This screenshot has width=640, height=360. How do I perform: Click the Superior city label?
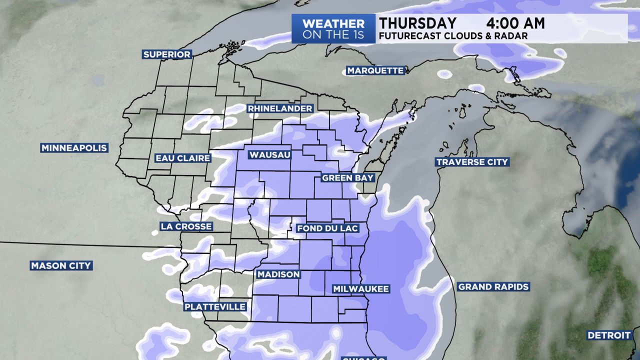pyautogui.click(x=167, y=54)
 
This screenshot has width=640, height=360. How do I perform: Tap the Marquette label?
pyautogui.click(x=375, y=70)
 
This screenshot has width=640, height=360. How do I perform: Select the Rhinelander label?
pyautogui.click(x=280, y=108)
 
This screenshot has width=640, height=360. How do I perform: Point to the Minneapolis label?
pyautogui.click(x=74, y=148)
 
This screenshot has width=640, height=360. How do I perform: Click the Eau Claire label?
pyautogui.click(x=182, y=158)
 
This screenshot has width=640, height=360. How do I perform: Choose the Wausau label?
pyautogui.click(x=270, y=155)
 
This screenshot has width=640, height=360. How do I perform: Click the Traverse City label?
pyautogui.click(x=472, y=162)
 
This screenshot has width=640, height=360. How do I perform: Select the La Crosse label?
pyautogui.click(x=186, y=226)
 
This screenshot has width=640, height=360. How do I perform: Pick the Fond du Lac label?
pyautogui.click(x=328, y=228)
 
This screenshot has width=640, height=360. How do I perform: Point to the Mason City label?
pyautogui.click(x=61, y=265)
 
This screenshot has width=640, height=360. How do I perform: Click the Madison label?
pyautogui.click(x=278, y=274)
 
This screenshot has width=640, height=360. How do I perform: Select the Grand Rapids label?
pyautogui.click(x=493, y=287)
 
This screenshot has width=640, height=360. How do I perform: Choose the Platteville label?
pyautogui.click(x=215, y=306)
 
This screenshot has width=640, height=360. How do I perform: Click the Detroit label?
pyautogui.click(x=609, y=335)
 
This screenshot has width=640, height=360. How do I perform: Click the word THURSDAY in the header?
pyautogui.click(x=417, y=23)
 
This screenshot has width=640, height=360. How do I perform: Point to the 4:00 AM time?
pyautogui.click(x=515, y=23)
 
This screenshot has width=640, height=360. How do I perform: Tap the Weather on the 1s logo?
pyautogui.click(x=333, y=29)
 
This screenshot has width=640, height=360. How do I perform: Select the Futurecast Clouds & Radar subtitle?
pyautogui.click(x=453, y=36)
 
